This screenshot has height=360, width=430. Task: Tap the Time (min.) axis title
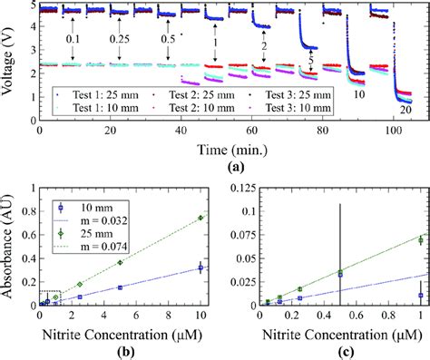(x=214, y=143)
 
